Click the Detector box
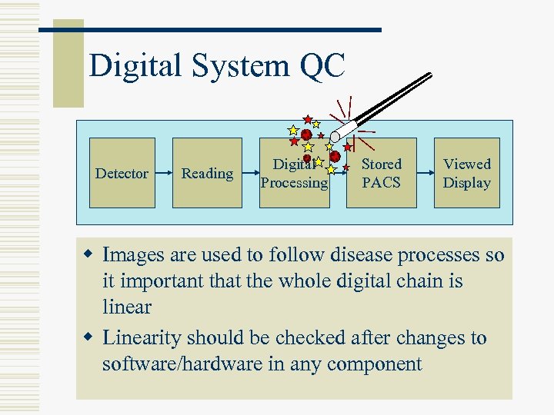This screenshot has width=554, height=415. [122, 173]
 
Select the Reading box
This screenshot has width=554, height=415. [206, 173]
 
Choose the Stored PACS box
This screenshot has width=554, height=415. [382, 173]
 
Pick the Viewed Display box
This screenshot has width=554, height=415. [466, 173]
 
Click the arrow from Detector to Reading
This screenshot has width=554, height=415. [163, 173]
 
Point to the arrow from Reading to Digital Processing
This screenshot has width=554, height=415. [249, 173]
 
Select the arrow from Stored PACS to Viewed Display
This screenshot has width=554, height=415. [426, 173]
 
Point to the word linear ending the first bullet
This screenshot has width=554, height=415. [127, 307]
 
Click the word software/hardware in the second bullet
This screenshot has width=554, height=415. [182, 364]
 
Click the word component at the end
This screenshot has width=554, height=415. [378, 364]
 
